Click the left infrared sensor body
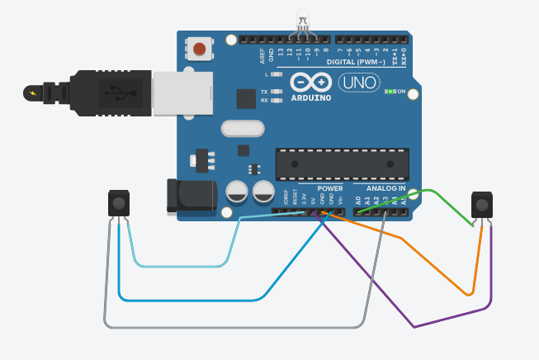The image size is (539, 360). coord(120,203)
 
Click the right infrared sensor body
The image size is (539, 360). coord(482,205)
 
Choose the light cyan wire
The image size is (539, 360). coord(182,266)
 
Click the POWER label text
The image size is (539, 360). coord(329,188)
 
